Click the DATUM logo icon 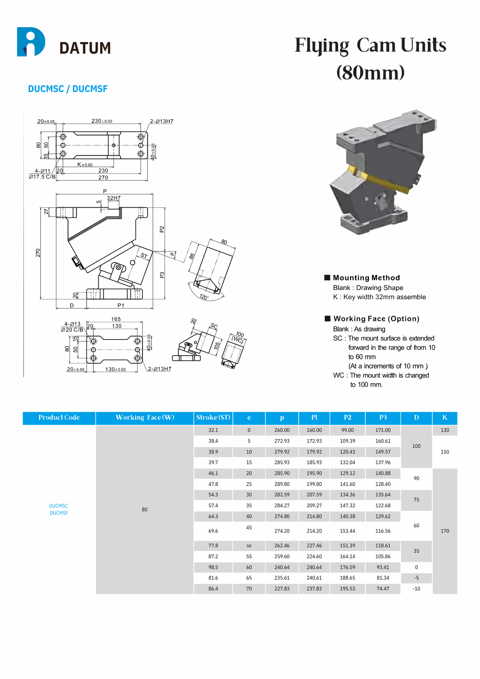click(x=31, y=42)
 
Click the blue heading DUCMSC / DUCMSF click(x=68, y=89)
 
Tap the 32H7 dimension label click(x=114, y=198)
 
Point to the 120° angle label click(x=204, y=297)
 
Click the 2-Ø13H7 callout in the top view click(x=162, y=121)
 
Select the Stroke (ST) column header click(x=213, y=418)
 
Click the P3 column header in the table click(x=383, y=418)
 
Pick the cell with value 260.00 click(x=282, y=430)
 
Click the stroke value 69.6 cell click(x=213, y=531)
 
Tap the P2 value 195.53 click(x=347, y=589)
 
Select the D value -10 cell click(x=416, y=589)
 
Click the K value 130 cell click(x=445, y=430)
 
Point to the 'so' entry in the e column click(x=249, y=546)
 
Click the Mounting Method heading click(x=366, y=278)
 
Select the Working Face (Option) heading click(x=376, y=319)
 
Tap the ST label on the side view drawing click(x=144, y=255)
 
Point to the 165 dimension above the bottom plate click(x=116, y=319)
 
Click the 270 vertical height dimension click(x=38, y=253)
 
